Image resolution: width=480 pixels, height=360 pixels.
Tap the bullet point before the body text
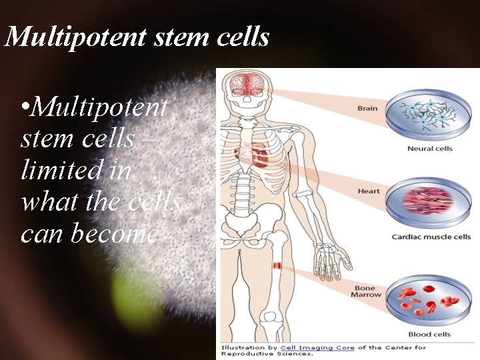pos(25,107)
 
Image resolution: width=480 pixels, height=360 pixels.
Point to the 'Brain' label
pos(367,108)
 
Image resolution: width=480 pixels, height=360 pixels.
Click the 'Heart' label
pos(368,191)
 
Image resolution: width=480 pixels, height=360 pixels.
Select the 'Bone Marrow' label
pos(367,291)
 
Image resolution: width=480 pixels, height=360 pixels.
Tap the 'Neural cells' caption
pos(429,148)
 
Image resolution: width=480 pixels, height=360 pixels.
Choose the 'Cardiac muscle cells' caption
pos(431,236)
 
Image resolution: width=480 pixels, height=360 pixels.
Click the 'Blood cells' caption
pos(429,334)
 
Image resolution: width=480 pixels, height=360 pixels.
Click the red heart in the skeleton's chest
pos(259,157)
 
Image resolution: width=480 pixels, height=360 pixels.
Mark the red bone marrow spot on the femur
pos(277,266)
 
